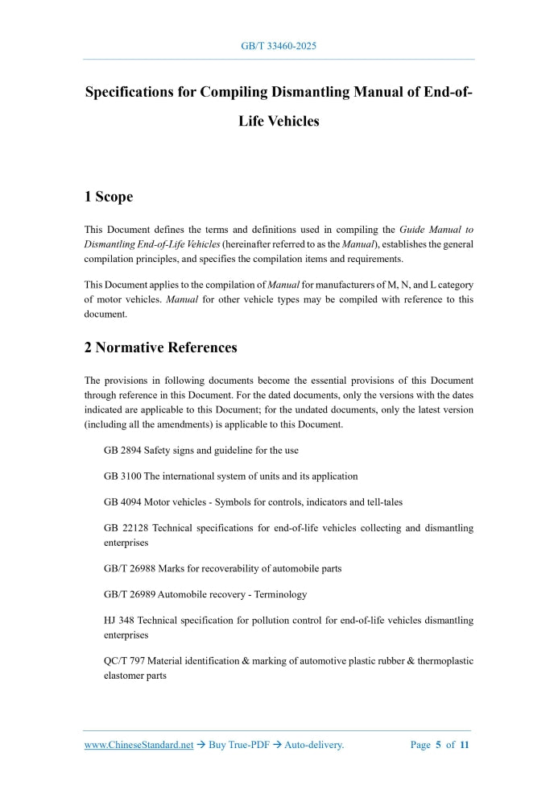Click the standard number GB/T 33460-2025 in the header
pos(279,46)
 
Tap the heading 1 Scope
pos(109,197)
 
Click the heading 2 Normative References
pos(161,347)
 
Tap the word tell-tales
pos(382,502)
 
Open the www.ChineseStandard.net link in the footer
pos(138,745)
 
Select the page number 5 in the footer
pos(438,745)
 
